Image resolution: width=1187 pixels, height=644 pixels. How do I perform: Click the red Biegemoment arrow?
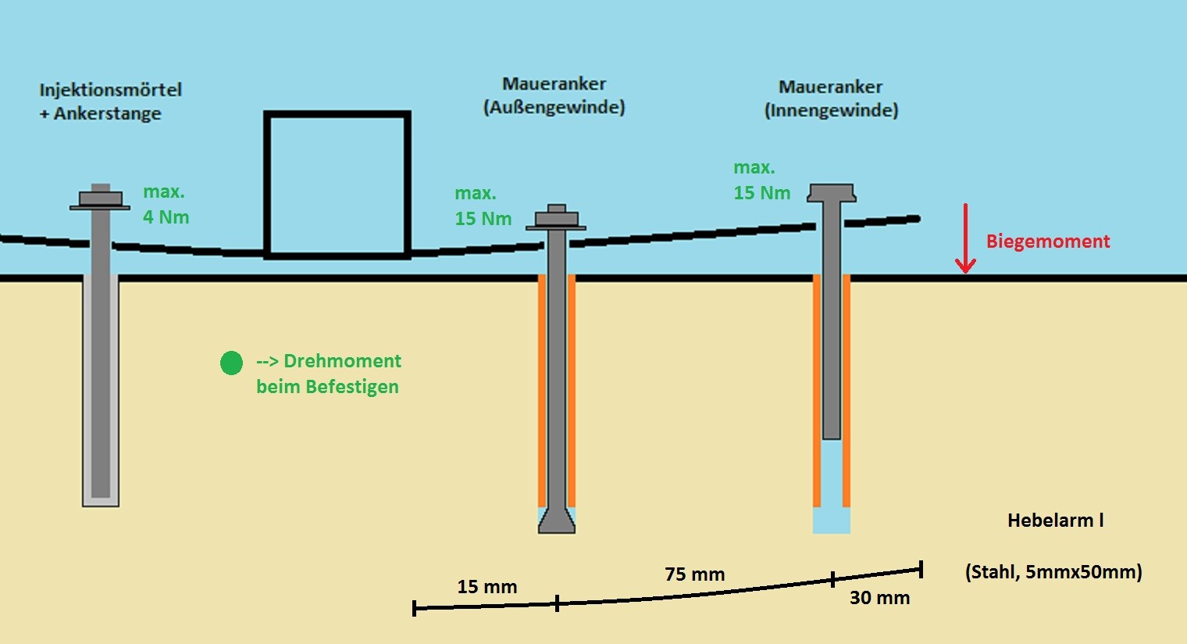pos(966,238)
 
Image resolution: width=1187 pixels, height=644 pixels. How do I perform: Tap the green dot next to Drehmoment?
pos(231,363)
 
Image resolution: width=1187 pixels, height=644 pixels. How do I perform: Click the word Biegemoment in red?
pos(1047,241)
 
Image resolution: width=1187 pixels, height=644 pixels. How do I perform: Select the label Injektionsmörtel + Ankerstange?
pos(110,102)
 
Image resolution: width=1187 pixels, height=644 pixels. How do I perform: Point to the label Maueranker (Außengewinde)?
pos(554,95)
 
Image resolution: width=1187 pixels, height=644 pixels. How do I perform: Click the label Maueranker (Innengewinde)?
pos(831,98)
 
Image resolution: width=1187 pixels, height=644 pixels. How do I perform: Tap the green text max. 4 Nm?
pos(166,205)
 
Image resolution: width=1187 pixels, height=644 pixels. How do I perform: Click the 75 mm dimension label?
pos(694,574)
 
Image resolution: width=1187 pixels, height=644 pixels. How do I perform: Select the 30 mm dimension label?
pos(879,598)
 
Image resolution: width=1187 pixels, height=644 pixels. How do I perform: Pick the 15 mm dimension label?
pos(487,587)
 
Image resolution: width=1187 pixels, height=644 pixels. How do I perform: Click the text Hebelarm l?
pos(1055,521)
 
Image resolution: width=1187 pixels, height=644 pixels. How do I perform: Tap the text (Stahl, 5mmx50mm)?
pos(1053,572)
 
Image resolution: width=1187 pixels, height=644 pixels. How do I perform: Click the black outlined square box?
pos(337,185)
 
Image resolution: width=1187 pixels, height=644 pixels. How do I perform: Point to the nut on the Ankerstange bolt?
pos(100,197)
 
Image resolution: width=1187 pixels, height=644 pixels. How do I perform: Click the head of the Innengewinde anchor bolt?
pos(832,192)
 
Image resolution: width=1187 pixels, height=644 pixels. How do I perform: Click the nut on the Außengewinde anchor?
pos(556,218)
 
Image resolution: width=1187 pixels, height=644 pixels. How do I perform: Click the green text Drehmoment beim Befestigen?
pos(328,374)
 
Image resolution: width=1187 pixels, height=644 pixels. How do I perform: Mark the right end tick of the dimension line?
pos(921,569)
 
